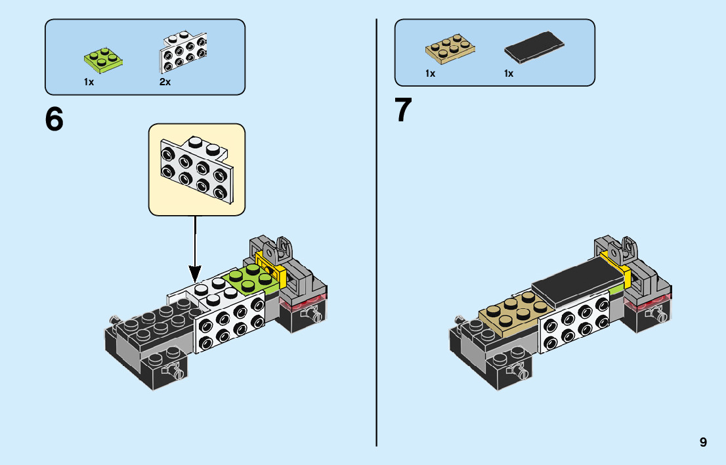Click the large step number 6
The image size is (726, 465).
point(54,119)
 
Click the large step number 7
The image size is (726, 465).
point(403,111)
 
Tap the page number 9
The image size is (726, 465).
point(703,442)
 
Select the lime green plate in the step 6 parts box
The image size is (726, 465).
point(104,59)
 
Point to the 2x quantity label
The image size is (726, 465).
point(165,82)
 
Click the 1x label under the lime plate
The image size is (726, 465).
point(89,82)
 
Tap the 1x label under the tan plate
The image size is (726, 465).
point(430,73)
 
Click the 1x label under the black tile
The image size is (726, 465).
point(509,73)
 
